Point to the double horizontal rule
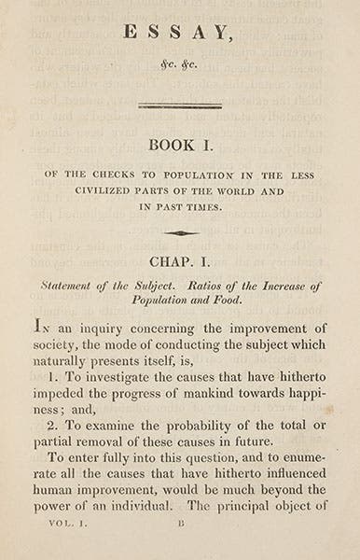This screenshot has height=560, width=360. pos(179,106)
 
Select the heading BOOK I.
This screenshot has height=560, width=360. pos(179,146)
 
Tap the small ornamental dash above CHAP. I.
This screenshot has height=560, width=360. pos(180,233)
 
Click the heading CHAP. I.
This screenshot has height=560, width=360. pos(180,263)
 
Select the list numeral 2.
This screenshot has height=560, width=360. pos(52,425)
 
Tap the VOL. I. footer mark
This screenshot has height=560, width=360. pos(67,525)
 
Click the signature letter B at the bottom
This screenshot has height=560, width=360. pos(181,525)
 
